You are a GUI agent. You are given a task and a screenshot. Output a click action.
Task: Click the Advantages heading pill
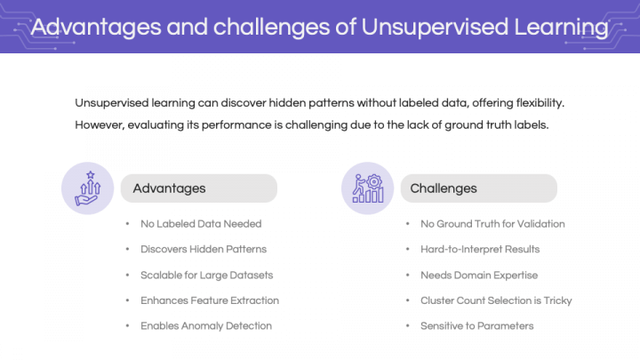coord(199,188)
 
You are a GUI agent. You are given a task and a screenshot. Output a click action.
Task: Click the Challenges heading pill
coord(479,188)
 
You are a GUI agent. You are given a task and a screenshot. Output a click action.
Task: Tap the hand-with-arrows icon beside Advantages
coord(88,188)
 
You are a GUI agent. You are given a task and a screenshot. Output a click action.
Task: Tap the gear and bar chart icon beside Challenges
coord(368,188)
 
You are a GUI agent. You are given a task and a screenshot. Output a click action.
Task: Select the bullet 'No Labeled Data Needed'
coord(201,224)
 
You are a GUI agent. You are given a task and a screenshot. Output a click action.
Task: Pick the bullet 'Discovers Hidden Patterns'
coord(204,249)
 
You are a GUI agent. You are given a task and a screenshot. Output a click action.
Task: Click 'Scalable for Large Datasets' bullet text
coord(206,275)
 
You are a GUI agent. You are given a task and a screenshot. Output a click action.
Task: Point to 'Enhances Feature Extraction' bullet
coord(210,300)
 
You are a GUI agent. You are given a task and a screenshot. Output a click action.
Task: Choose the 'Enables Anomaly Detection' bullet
coord(206,325)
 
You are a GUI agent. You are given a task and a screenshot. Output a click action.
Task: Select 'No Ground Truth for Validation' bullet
coord(492,224)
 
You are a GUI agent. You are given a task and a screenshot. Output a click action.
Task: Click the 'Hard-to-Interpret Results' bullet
coord(480,249)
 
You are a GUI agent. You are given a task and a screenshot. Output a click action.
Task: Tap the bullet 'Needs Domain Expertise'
coord(479,275)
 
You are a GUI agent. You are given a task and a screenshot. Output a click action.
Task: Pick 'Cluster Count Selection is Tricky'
coord(496,300)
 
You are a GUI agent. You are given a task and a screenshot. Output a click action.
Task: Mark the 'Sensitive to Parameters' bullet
coord(476,325)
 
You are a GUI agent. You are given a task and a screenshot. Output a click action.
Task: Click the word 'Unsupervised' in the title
coord(435,28)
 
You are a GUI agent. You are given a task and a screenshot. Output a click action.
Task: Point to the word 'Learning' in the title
coord(561,28)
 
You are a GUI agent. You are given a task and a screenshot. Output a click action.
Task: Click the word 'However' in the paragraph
coord(100,125)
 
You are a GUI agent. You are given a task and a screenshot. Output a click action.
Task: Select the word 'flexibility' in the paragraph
coord(540,103)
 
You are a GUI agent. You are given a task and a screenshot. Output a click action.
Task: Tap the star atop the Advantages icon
coord(90,175)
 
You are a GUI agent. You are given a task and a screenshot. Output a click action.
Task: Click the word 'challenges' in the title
coord(271,28)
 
